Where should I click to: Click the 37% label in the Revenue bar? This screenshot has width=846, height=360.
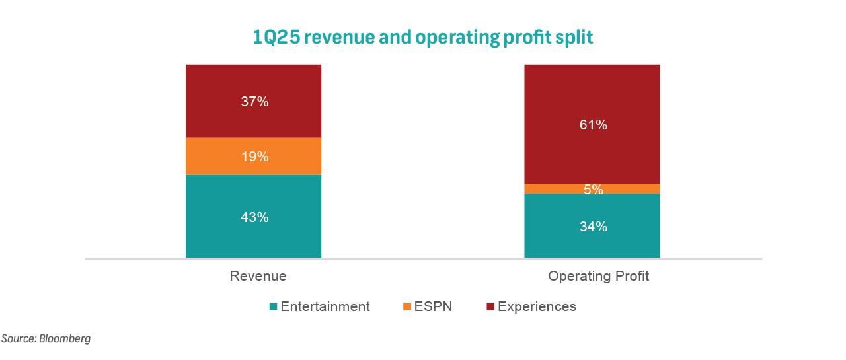[254, 102]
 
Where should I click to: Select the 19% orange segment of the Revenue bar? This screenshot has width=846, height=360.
[254, 157]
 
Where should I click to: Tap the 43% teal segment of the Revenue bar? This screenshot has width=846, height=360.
[254, 217]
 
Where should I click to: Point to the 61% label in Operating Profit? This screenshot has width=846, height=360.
[593, 124]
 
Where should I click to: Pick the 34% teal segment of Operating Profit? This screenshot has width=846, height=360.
[593, 227]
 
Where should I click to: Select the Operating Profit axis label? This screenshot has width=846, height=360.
[598, 276]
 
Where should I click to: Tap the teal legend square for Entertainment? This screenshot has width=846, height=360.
[274, 307]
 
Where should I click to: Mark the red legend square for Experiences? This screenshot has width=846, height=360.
[490, 307]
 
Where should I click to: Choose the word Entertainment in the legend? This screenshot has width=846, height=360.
[325, 306]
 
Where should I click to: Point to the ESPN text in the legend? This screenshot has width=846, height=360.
[434, 306]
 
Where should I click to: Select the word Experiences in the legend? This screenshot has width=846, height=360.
[537, 306]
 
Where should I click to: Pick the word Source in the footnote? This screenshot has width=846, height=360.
[18, 339]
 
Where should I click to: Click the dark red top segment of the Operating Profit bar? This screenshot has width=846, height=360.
[593, 92]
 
